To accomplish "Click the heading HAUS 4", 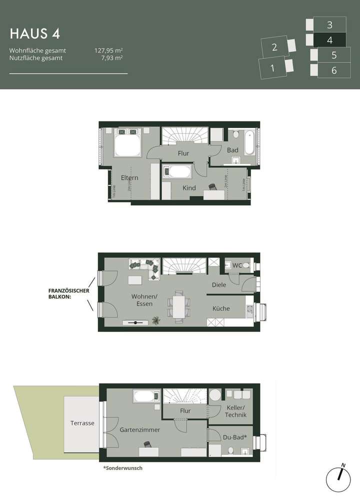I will [x=35, y=33].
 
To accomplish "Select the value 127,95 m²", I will [x=108, y=50].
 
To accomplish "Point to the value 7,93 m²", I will [x=112, y=58].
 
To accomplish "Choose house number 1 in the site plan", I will [x=272, y=68].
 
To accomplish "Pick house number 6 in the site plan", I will [x=333, y=70].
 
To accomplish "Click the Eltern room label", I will [x=129, y=177].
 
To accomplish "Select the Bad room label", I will [x=232, y=150].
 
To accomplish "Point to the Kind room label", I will [x=189, y=188].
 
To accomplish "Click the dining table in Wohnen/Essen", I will [x=178, y=303].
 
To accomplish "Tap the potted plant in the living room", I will [x=156, y=320].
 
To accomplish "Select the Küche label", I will [x=221, y=308].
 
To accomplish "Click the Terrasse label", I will [x=82, y=423].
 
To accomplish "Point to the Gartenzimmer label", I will [x=139, y=429].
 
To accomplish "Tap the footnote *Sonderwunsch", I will [x=122, y=469].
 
